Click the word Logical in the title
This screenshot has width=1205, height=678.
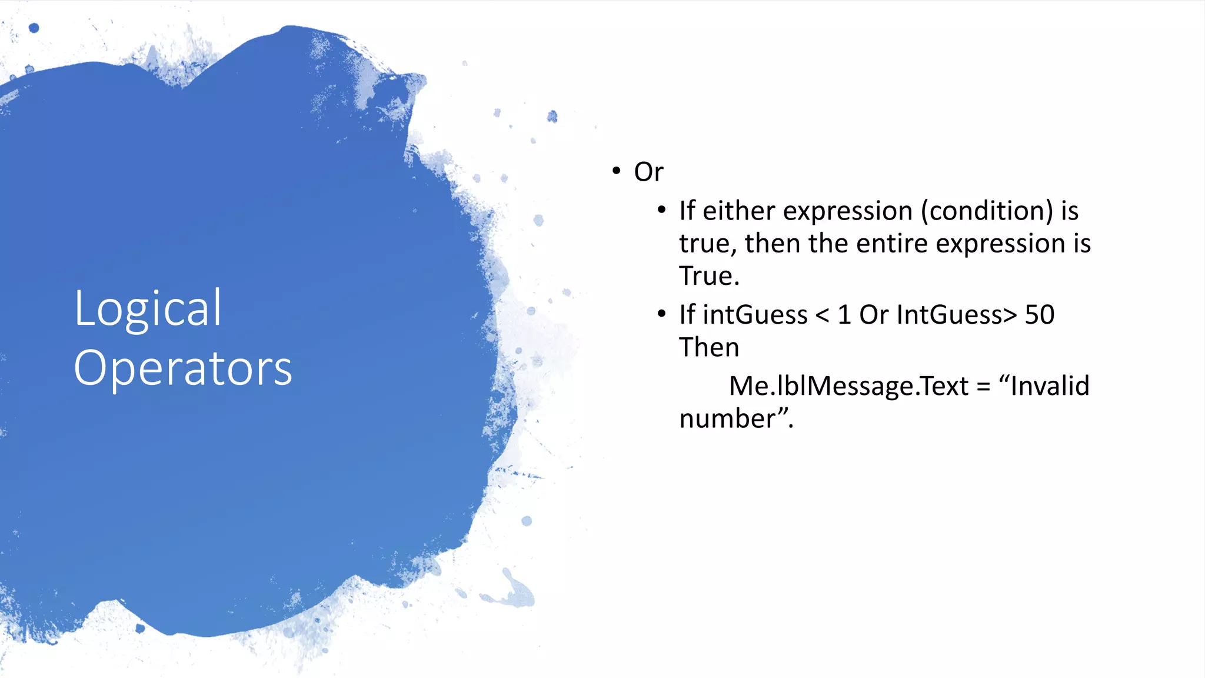click(148, 309)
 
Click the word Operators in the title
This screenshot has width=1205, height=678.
click(182, 368)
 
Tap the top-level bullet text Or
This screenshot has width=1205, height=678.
click(648, 172)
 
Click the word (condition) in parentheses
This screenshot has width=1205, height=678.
click(987, 211)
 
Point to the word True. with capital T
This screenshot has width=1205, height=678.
click(708, 276)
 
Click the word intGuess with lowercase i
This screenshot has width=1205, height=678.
click(755, 315)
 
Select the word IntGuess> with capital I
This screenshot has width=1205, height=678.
click(957, 315)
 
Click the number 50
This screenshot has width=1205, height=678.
click(1039, 315)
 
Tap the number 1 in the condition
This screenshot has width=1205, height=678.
click(844, 315)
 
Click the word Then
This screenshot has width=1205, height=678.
click(708, 347)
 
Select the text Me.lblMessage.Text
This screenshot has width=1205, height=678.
click(848, 386)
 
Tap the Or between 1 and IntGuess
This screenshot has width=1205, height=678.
click(873, 315)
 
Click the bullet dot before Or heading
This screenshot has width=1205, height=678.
click(616, 171)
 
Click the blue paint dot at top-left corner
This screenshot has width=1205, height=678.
click(34, 28)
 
